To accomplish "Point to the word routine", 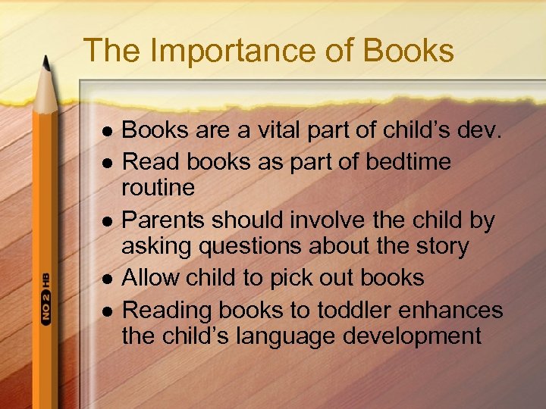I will pyautogui.click(x=158, y=187).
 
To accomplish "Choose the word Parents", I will pyautogui.click(x=163, y=220).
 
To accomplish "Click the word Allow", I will pyautogui.click(x=148, y=278).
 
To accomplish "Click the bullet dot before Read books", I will pyautogui.click(x=107, y=162).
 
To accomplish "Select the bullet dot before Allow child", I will pyautogui.click(x=107, y=279).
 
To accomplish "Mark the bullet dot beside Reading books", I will pyautogui.click(x=107, y=311).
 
